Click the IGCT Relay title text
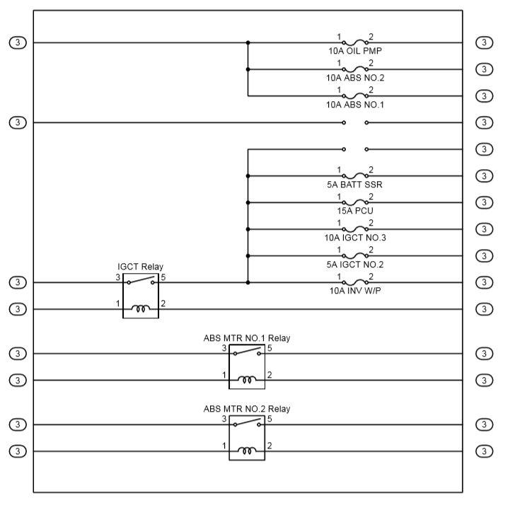pos(140,267)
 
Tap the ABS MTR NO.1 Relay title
pos(246,338)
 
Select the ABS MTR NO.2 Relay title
pos(246,409)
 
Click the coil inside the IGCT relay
pos(141,309)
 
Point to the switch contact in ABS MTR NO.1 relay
pos(247,352)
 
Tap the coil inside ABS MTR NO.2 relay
pos(247,451)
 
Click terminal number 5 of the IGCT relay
pos(163,277)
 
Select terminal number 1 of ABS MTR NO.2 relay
pos(224,446)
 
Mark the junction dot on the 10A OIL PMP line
pos(248,42)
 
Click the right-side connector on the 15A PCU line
pos(484,202)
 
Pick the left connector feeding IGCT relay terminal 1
pos(18,309)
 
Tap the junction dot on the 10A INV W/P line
pos(248,282)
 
